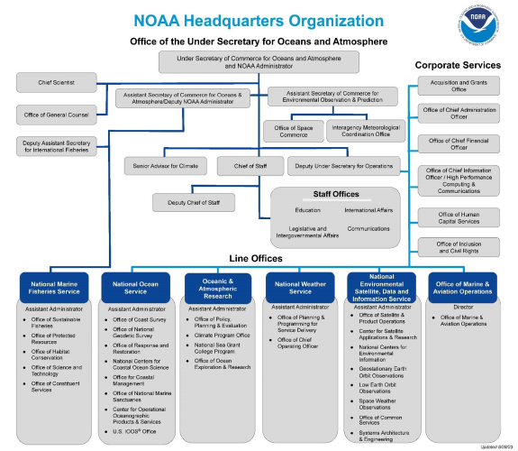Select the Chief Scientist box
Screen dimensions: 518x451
click(x=58, y=83)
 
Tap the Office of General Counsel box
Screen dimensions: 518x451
click(x=58, y=114)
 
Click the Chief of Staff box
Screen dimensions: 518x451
click(x=250, y=166)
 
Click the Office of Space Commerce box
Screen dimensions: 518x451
click(x=292, y=131)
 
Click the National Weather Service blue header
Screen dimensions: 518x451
click(x=299, y=289)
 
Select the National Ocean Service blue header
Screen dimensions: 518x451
click(x=135, y=289)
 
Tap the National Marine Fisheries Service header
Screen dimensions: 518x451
click(x=55, y=289)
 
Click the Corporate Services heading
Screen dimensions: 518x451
click(x=457, y=65)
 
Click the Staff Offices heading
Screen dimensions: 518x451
click(x=335, y=194)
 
